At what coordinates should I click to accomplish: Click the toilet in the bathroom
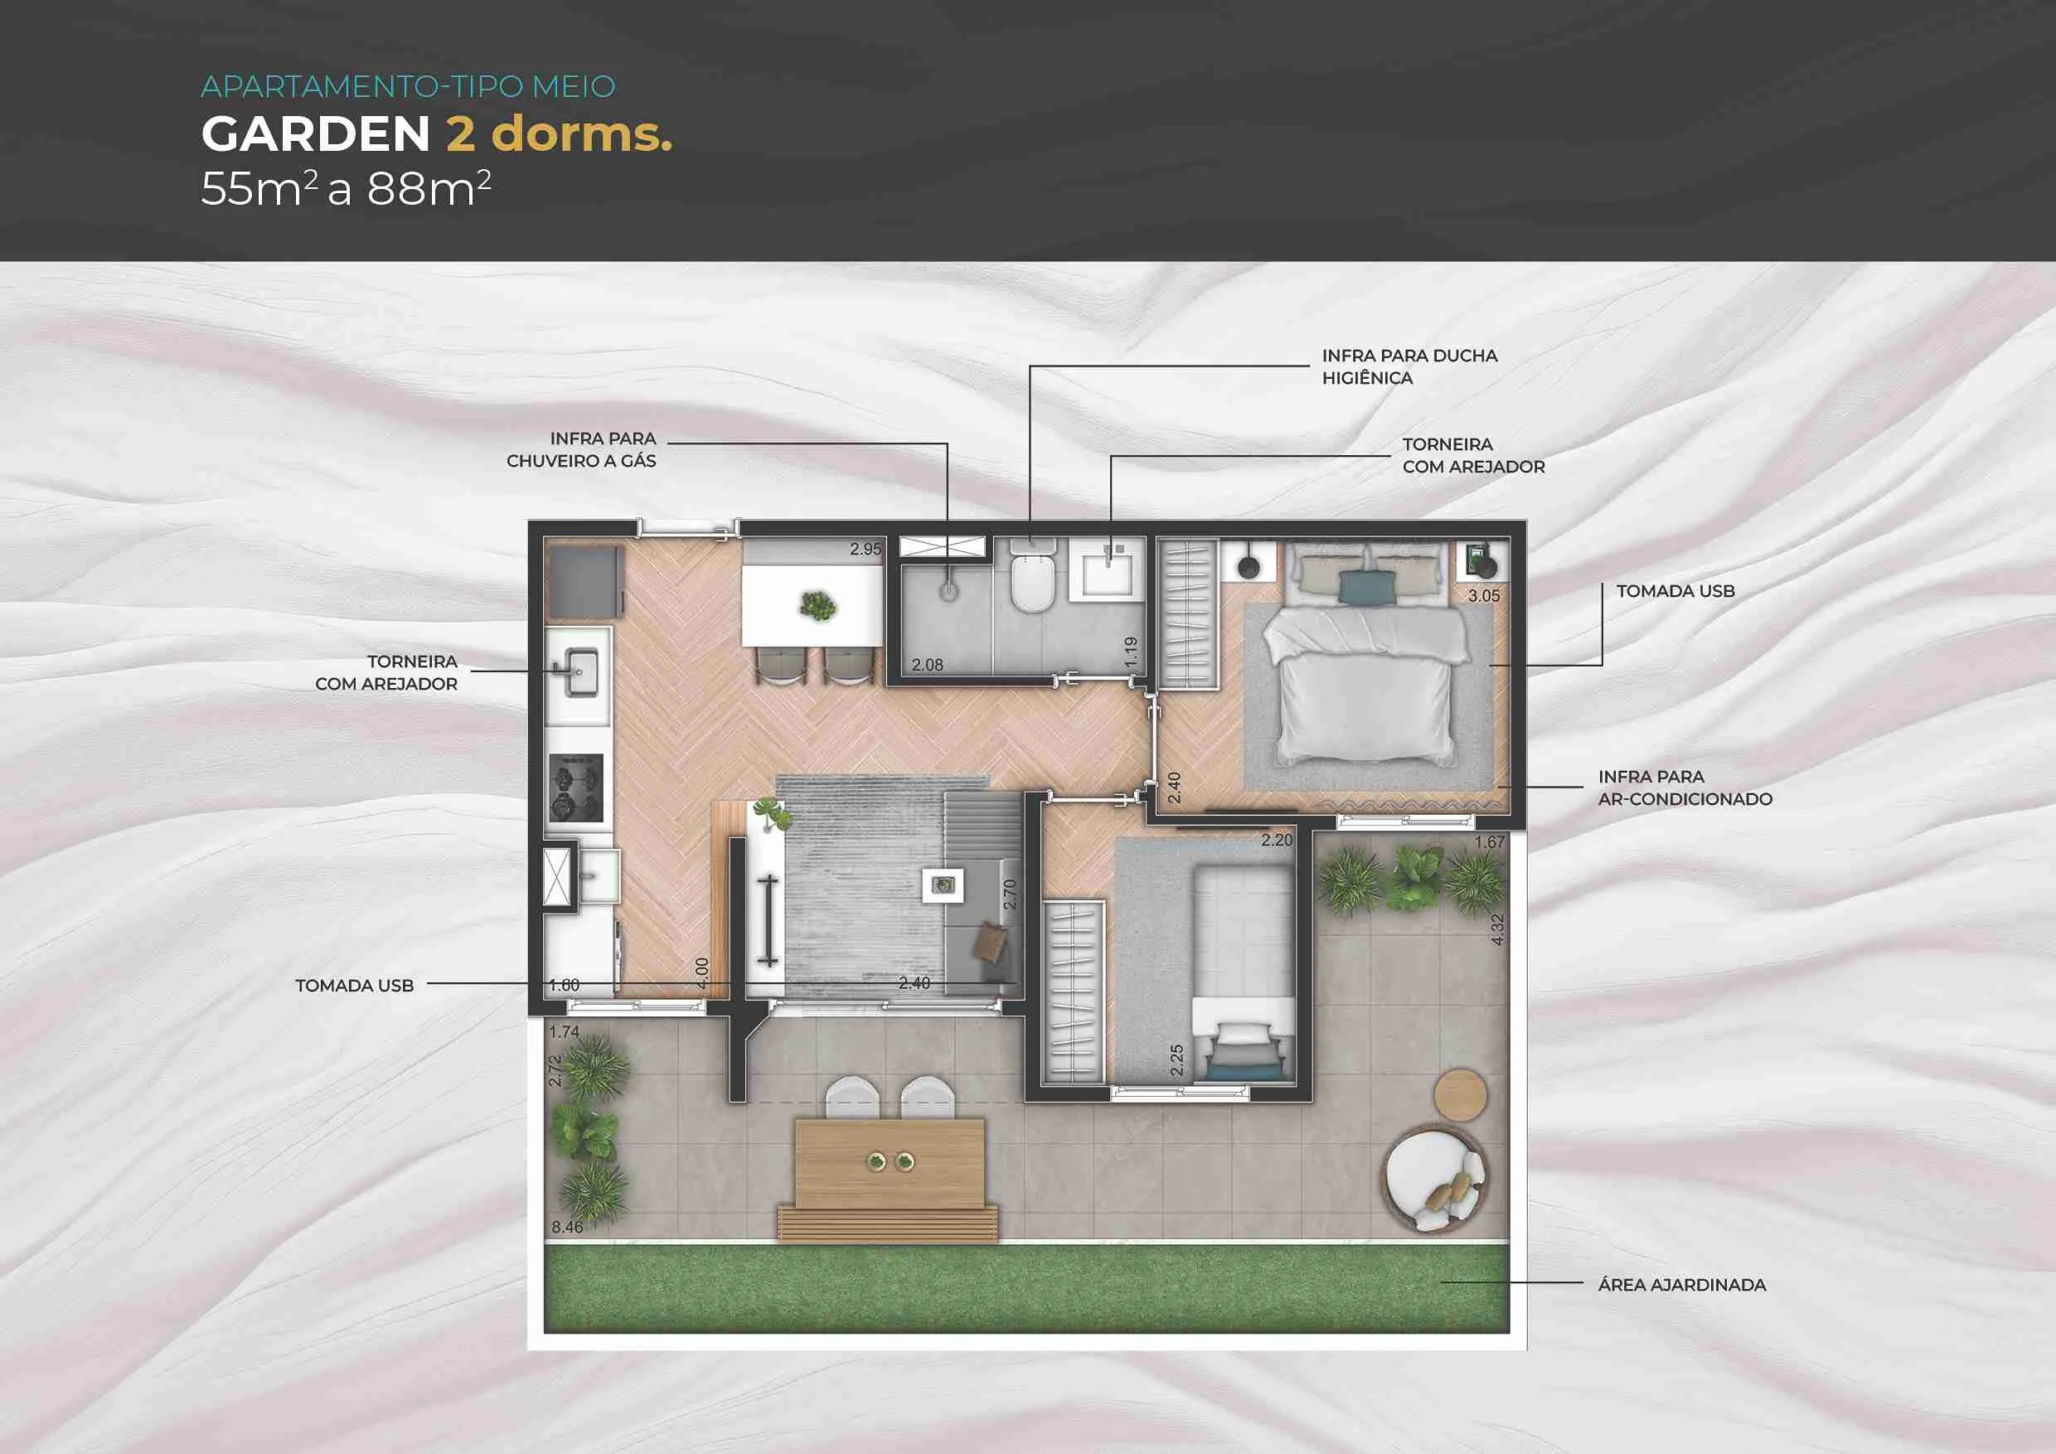tap(1032, 577)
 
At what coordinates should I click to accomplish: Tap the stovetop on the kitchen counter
tap(576, 788)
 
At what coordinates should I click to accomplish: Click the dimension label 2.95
tap(865, 549)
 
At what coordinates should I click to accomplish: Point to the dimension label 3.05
tap(1483, 595)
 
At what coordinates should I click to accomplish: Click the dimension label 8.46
tap(567, 1227)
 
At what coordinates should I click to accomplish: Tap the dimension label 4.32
tap(1497, 929)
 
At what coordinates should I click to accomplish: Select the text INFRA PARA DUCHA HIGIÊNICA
tap(1409, 367)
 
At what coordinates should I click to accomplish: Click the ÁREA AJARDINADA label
tap(1682, 1285)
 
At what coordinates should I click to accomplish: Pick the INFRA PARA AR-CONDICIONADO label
tap(1685, 788)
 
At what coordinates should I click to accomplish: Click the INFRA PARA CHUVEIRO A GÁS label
tap(581, 449)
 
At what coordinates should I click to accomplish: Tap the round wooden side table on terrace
tap(1461, 1094)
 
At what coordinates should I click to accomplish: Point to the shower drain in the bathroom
tap(948, 590)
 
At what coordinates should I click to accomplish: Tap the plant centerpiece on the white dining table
tap(817, 606)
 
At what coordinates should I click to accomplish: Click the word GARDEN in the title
tap(316, 134)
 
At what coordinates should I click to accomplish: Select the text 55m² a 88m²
tap(346, 188)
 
